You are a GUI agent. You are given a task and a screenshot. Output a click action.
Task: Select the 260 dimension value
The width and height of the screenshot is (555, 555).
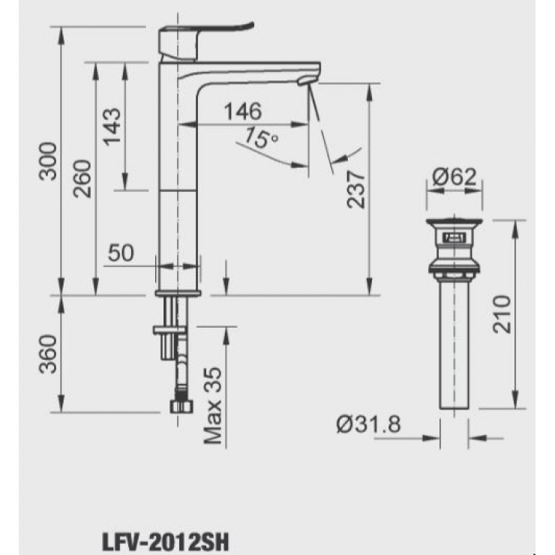pyautogui.click(x=83, y=178)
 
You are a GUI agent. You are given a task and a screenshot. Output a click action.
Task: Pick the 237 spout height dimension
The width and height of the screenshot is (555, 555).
pyautogui.click(x=357, y=187)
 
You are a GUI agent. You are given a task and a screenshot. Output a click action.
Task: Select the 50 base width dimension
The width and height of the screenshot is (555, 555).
pyautogui.click(x=120, y=253)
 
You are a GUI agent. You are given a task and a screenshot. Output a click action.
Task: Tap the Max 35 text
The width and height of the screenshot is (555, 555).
pyautogui.click(x=214, y=405)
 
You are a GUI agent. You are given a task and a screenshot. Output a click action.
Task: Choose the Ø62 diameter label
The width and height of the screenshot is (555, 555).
pyautogui.click(x=454, y=177)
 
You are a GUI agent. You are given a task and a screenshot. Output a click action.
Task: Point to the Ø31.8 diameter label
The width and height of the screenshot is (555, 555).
pyautogui.click(x=367, y=424)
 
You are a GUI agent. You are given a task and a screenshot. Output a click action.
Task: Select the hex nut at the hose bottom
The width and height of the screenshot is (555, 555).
pyautogui.click(x=179, y=406)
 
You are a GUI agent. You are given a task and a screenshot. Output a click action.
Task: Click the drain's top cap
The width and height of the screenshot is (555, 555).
pyautogui.click(x=454, y=225)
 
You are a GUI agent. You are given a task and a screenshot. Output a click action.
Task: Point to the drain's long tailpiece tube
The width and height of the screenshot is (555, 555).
pyautogui.click(x=454, y=345)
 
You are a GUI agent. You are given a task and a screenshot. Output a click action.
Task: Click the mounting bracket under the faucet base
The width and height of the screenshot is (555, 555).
pyautogui.click(x=166, y=329)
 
